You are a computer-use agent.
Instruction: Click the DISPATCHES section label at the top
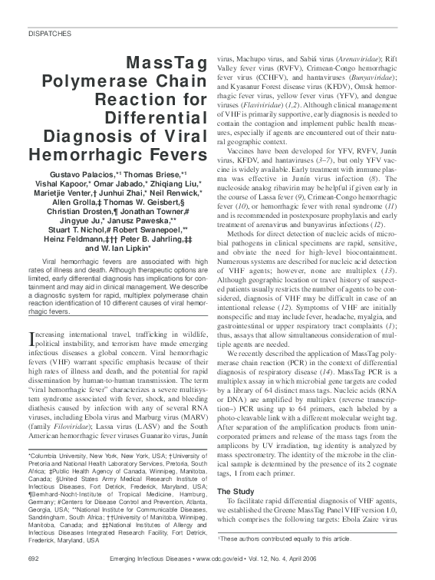tap(50, 35)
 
